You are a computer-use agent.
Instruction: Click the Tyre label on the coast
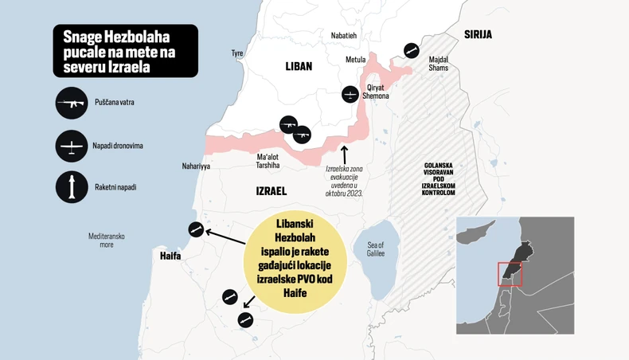tap(237, 53)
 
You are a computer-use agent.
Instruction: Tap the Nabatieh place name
tap(344, 35)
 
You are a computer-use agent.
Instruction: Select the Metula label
tap(355, 60)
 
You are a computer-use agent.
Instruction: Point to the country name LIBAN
tap(299, 67)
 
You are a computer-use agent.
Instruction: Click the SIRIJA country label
tap(478, 34)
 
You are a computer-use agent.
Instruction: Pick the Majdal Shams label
tap(438, 64)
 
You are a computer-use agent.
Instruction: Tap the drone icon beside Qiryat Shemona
tap(350, 94)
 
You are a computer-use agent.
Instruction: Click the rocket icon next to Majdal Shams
tap(411, 50)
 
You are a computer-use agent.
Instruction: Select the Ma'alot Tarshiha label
tap(268, 161)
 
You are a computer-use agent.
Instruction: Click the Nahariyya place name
tap(195, 166)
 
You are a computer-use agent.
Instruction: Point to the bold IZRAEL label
tap(271, 191)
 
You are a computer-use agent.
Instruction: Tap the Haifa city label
tap(170, 256)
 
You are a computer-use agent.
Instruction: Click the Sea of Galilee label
tap(376, 248)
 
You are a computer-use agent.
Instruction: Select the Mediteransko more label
tap(107, 240)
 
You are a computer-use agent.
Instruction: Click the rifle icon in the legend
tap(72, 103)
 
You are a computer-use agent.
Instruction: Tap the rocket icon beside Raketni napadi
tap(72, 187)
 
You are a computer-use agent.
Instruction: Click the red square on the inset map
tap(510, 273)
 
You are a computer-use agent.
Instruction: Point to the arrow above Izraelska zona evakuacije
tap(344, 152)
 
